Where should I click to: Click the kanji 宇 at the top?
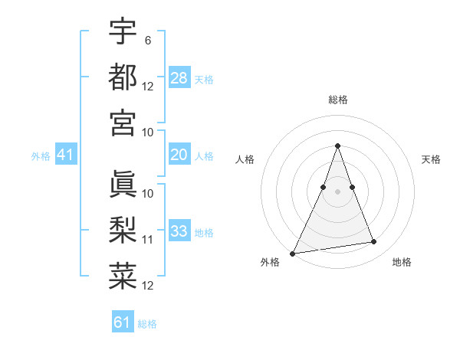(x=123, y=32)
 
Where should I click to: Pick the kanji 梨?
(x=123, y=230)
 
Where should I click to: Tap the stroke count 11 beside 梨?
(x=148, y=240)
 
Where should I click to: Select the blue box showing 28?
(x=179, y=77)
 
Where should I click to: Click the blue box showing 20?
(x=179, y=155)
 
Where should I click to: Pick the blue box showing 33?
(x=179, y=231)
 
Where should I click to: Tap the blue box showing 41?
(x=65, y=155)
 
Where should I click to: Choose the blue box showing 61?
(x=123, y=322)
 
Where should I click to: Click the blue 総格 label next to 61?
(x=147, y=324)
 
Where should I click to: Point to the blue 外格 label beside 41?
(x=41, y=156)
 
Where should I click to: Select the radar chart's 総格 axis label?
(x=337, y=100)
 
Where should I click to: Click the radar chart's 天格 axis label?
(x=432, y=159)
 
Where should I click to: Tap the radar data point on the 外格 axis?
(x=293, y=253)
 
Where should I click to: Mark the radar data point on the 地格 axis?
(x=373, y=242)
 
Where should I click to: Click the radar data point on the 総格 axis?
(x=337, y=146)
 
